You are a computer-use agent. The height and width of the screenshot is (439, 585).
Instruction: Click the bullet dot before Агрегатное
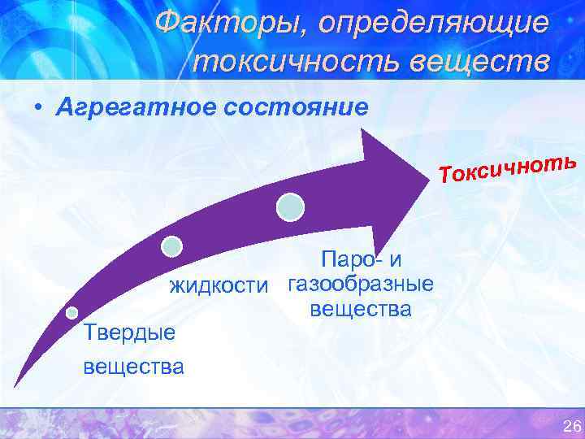pos(38,109)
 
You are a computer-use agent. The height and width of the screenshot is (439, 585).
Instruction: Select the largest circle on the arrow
pos(290,207)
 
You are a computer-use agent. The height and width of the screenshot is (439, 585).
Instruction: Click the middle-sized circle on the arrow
pos(171,246)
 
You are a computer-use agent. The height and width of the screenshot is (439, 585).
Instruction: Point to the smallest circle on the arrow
pos(72,312)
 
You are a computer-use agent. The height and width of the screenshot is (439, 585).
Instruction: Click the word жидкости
pos(218,285)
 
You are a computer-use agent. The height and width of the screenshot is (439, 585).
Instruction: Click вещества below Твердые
pos(134,365)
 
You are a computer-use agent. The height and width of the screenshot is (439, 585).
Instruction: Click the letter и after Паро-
pos(395,260)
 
